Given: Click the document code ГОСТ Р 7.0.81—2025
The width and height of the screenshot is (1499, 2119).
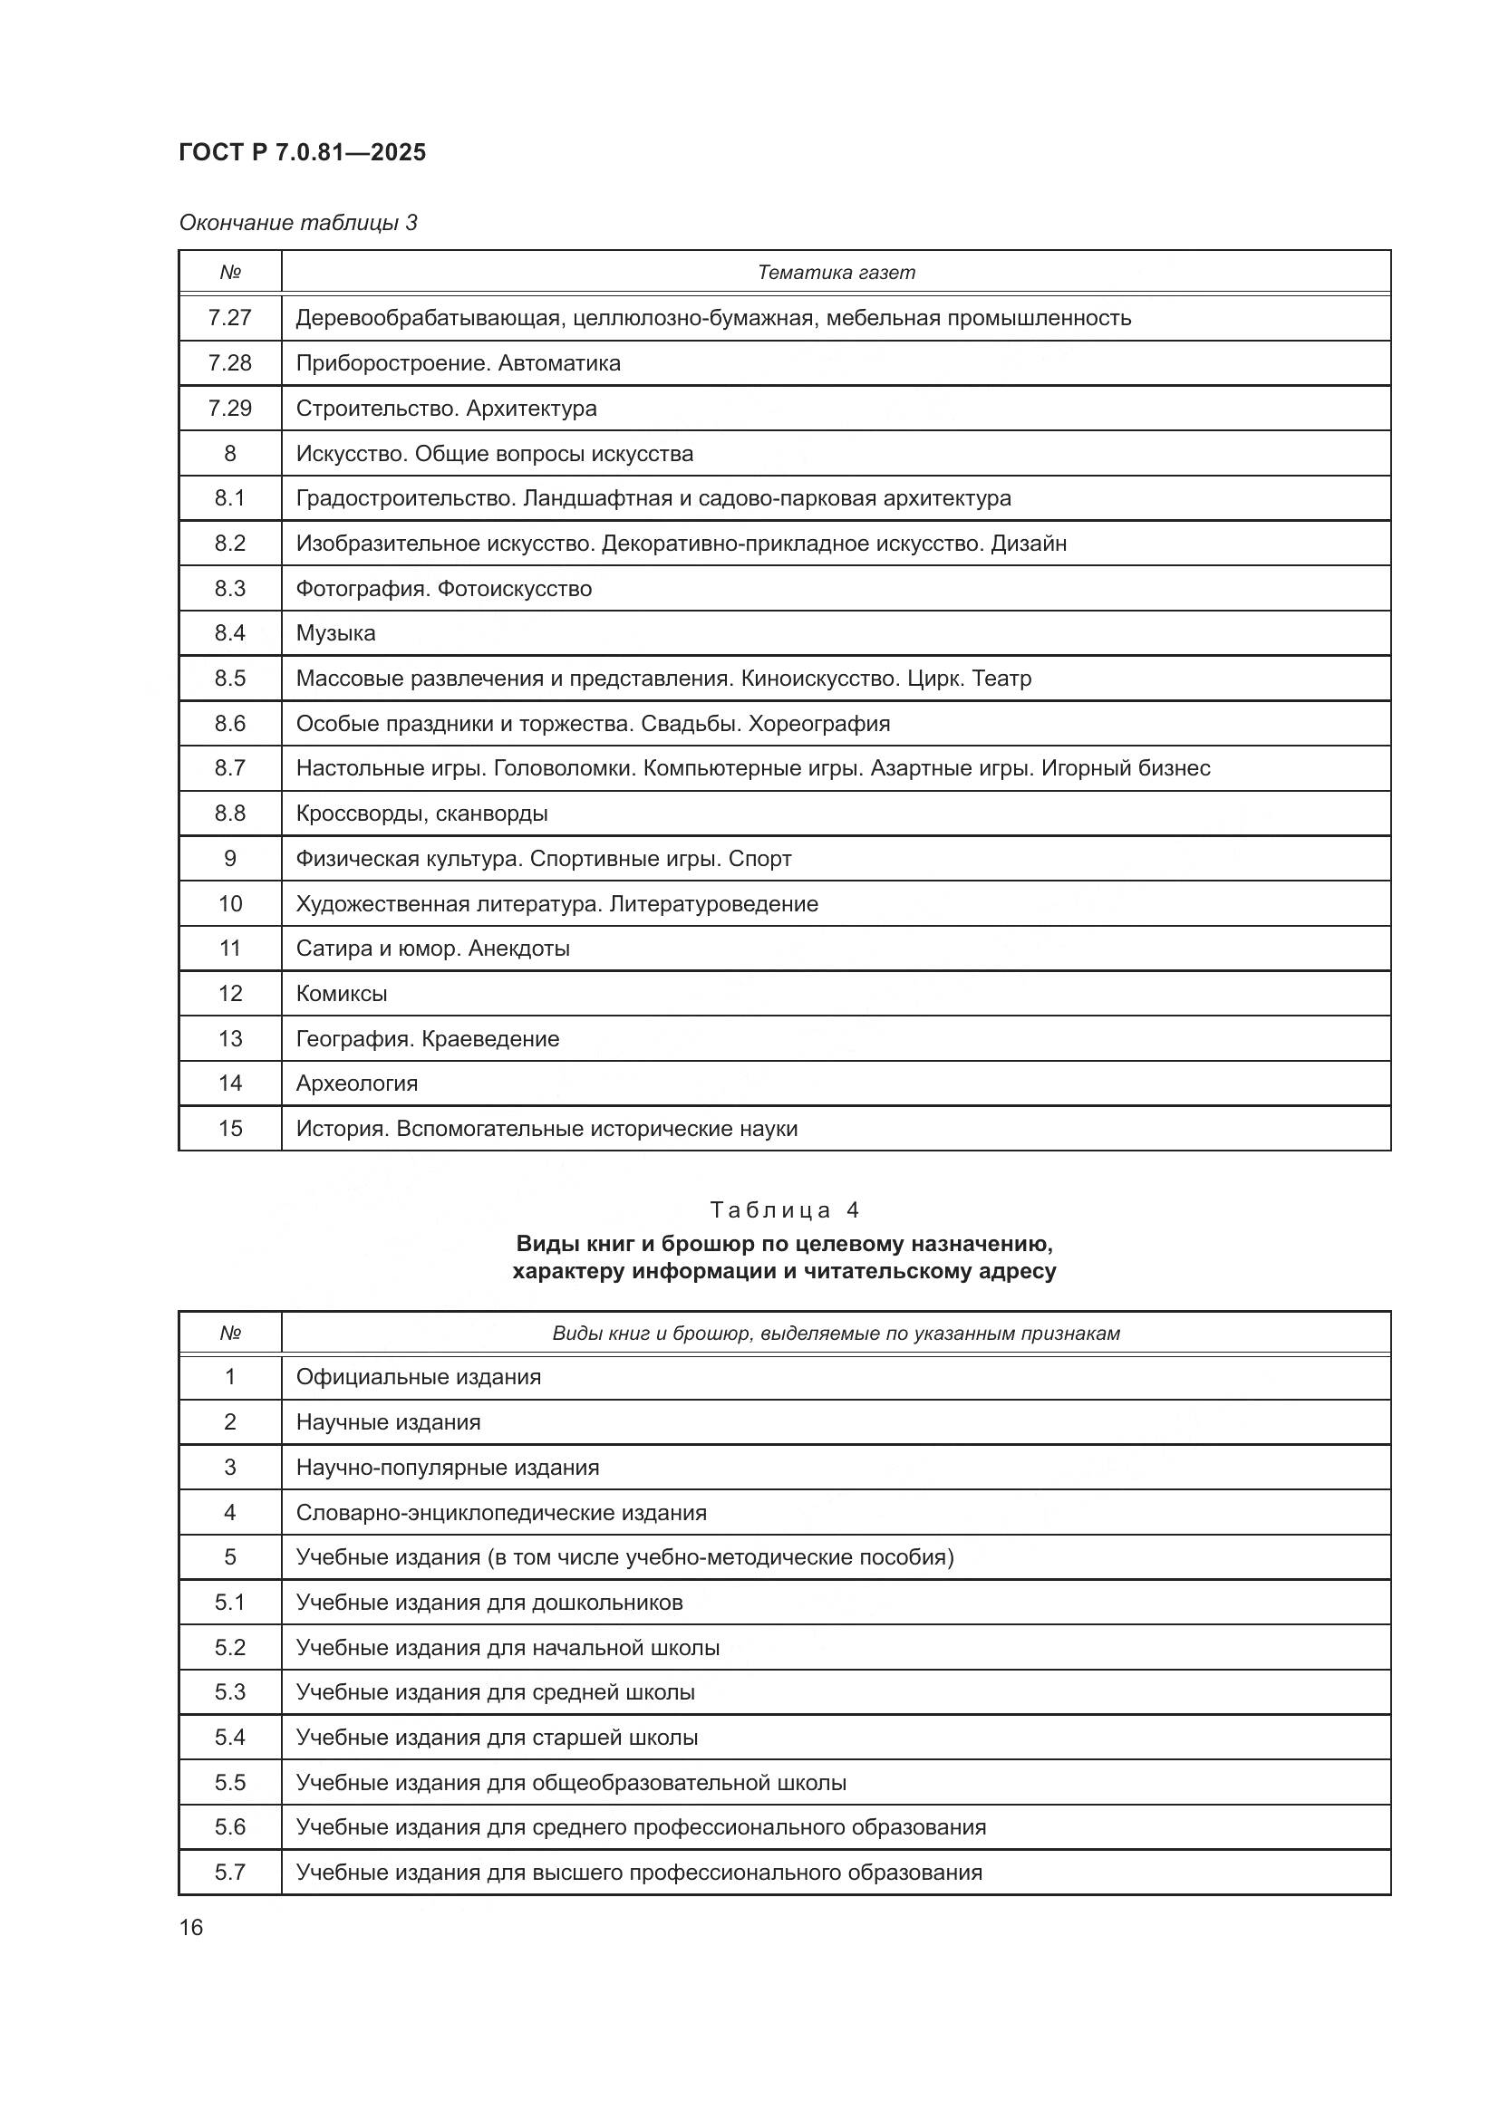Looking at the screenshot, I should coord(302,152).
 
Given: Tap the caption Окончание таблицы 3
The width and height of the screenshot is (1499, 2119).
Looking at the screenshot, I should coord(298,223).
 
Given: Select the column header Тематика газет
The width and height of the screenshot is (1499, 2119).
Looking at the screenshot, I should coord(836,273).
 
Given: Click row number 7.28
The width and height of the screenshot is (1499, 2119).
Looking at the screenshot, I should coord(230,362).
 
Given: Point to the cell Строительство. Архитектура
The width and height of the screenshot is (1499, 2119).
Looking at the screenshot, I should coord(446,408).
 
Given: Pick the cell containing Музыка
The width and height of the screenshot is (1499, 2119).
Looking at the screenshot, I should coord(336,633).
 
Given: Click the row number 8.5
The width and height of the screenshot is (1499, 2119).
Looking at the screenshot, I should coord(230,679).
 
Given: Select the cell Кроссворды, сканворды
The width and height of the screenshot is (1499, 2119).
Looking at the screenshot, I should coord(421,813).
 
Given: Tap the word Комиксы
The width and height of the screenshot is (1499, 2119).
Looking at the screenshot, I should coord(342,994).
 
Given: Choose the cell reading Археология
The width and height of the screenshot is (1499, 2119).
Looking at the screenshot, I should coord(356,1084).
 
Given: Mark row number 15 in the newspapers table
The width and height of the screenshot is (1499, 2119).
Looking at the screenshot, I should coord(230,1129).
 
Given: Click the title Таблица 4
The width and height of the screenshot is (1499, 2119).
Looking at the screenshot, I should coord(785,1210).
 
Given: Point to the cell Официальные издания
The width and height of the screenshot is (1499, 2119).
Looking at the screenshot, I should coord(418,1377).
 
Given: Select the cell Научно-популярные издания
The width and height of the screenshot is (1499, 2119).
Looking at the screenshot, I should coord(448,1468).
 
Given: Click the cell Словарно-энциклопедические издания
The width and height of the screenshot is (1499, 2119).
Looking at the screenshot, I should coord(501,1513).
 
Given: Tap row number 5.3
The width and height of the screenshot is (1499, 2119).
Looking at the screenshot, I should coord(230,1691).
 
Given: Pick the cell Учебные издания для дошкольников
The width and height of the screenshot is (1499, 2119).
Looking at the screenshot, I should coord(489,1603).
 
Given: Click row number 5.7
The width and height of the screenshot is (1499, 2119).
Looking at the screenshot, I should coord(230,1873).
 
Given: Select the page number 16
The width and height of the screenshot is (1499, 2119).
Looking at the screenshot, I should coord(191,1927).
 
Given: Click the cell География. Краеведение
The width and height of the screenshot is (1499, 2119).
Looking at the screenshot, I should coord(428,1039).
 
